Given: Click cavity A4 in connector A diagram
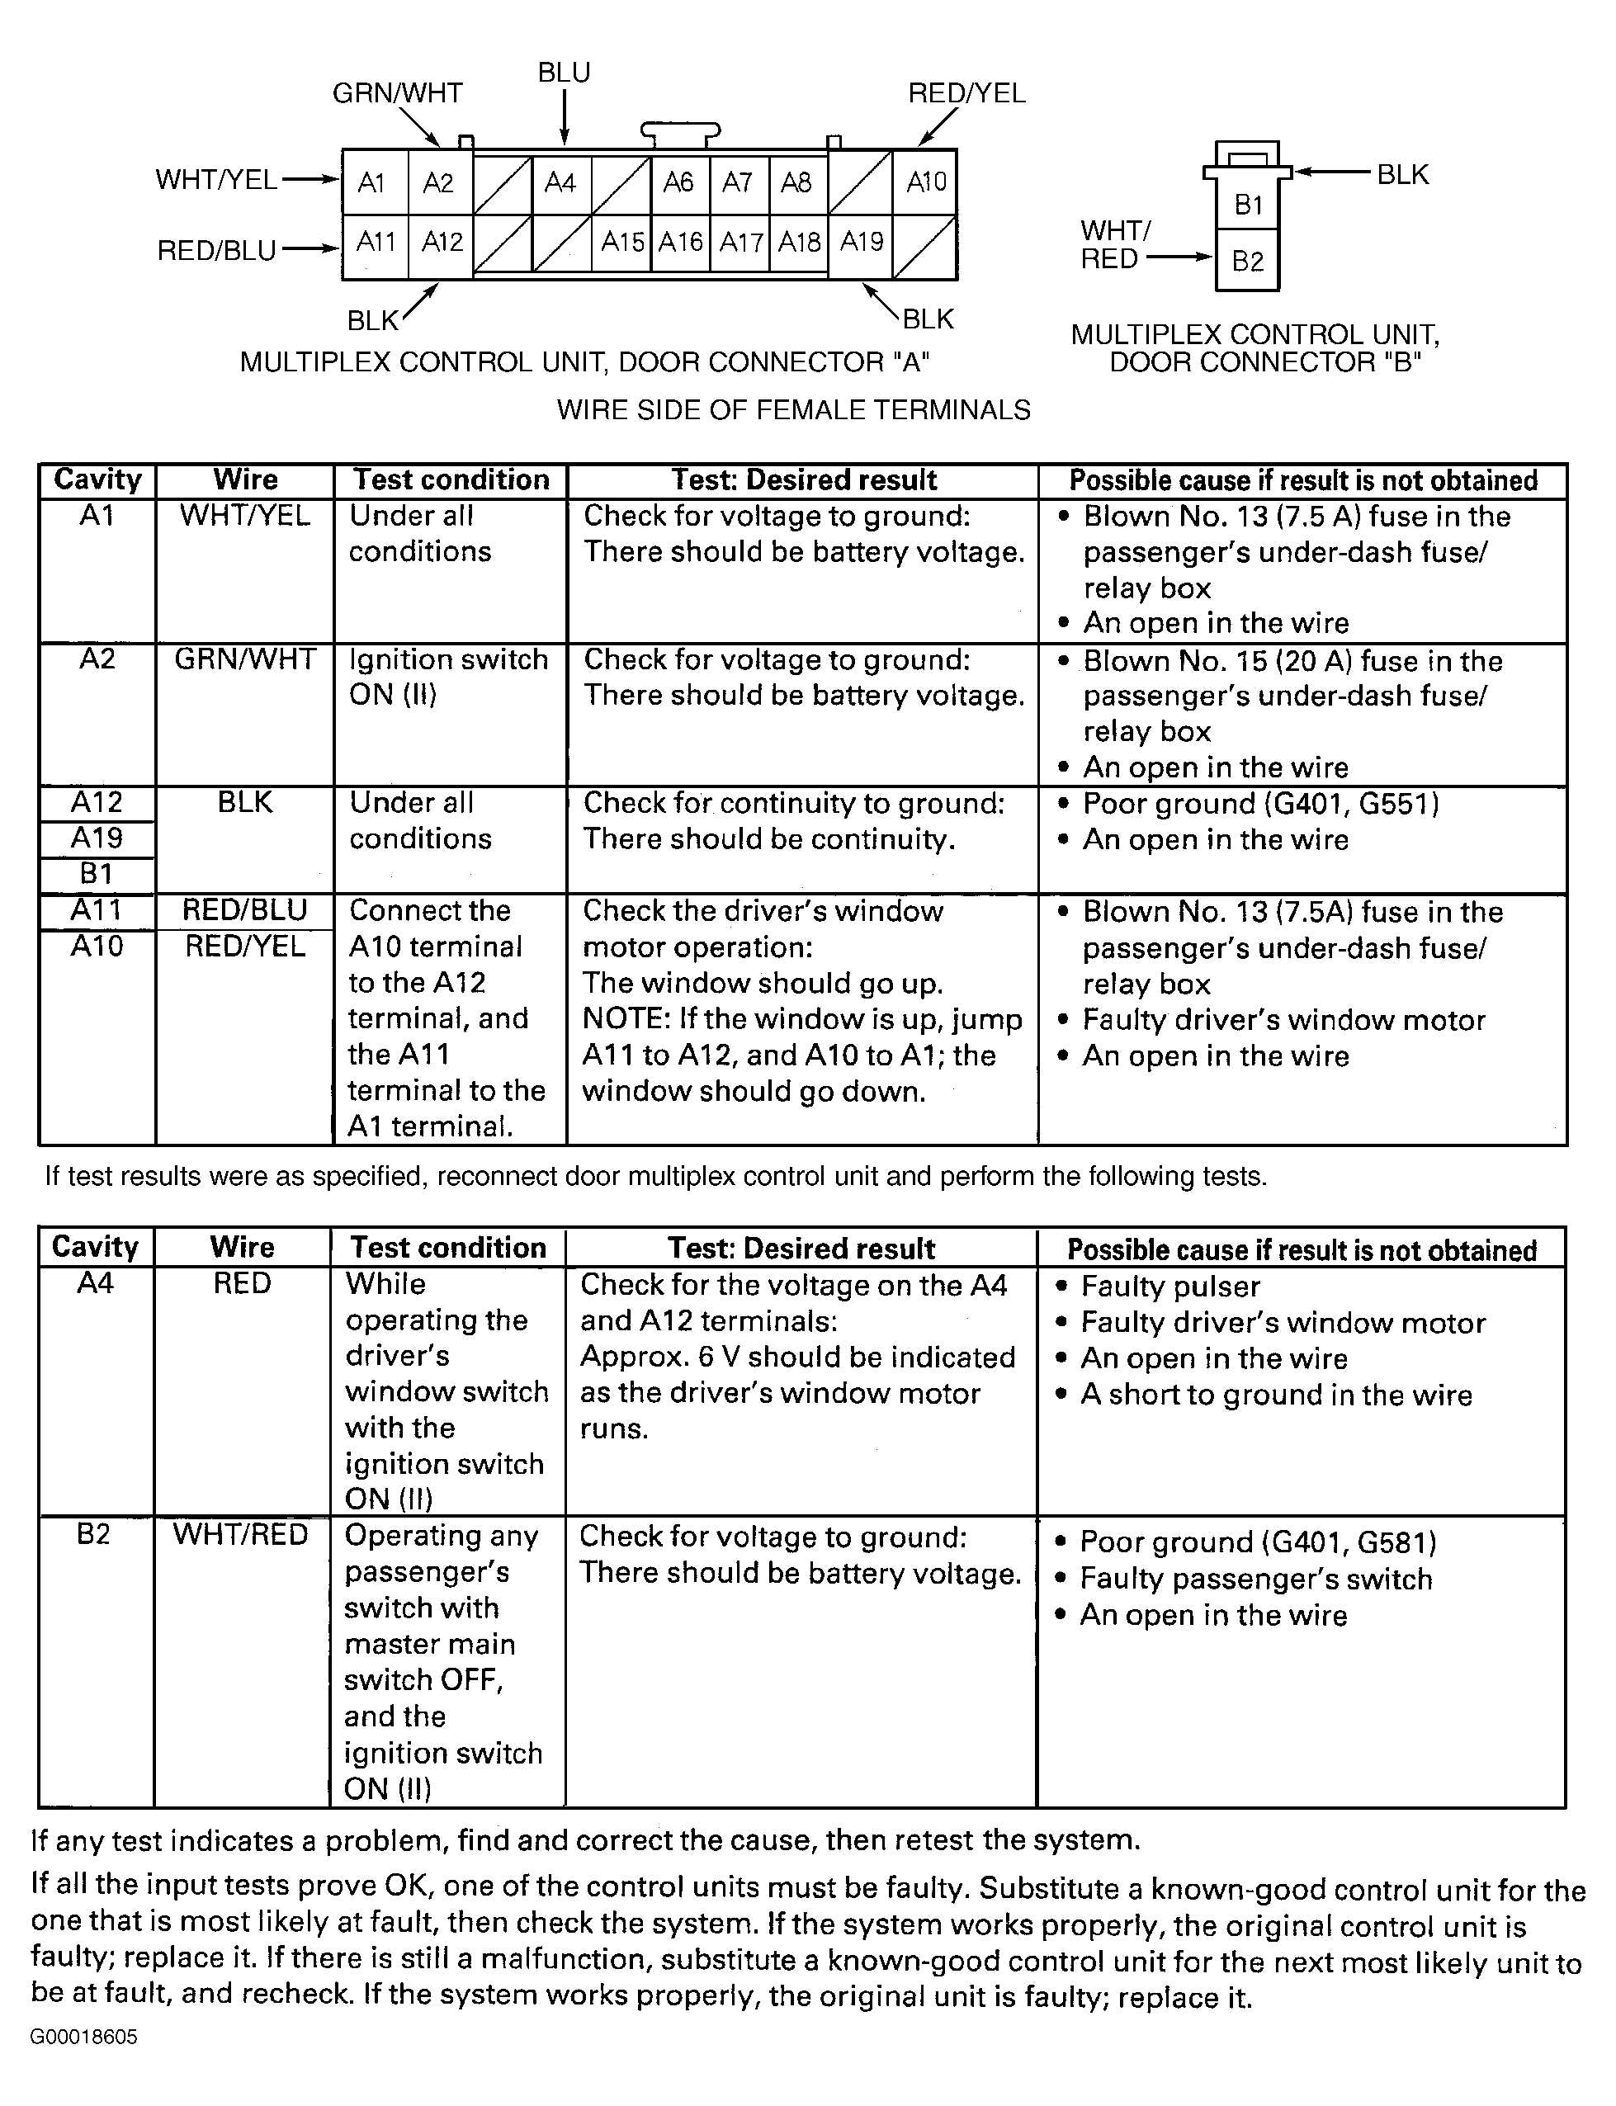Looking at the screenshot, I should click(x=560, y=182).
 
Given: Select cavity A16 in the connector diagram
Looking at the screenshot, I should click(x=680, y=241).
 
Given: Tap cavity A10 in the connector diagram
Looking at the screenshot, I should click(x=925, y=182).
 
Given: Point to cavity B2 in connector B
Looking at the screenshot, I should click(x=1248, y=261).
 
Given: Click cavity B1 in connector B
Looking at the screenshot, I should click(x=1248, y=205).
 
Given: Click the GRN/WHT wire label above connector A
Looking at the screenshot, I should click(x=397, y=93).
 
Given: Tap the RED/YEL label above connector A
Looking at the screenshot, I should click(x=966, y=93).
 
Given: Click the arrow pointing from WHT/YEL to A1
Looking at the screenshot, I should click(x=309, y=179).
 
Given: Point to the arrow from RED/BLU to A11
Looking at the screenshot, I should click(x=309, y=249).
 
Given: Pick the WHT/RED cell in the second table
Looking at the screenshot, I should click(x=240, y=1534).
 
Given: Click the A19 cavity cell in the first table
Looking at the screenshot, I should click(x=97, y=838).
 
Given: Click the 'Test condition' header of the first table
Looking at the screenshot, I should click(x=450, y=479).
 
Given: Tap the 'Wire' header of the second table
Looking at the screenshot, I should click(x=243, y=1247).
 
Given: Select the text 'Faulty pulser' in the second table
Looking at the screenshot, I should click(x=1169, y=1286).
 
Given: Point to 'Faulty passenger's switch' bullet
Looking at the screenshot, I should click(x=1255, y=1578).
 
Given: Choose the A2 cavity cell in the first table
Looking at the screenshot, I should click(x=97, y=659).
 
